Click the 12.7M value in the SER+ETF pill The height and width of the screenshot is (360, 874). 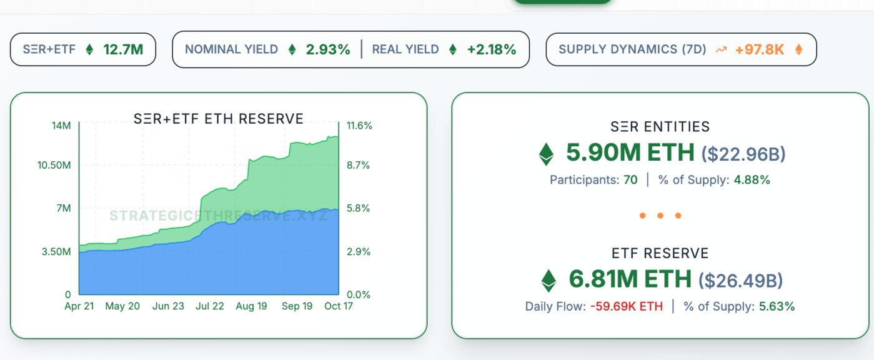coord(123,49)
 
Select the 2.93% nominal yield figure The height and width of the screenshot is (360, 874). coord(328,49)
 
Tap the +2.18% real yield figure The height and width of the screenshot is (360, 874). coord(492,49)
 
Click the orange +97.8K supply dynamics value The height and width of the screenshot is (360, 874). coord(760,49)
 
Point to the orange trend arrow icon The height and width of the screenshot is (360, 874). coord(722,49)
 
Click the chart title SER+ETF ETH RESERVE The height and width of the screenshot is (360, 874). coord(219,119)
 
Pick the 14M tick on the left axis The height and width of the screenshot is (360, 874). coord(62,126)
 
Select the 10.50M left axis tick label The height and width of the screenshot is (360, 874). coord(54,165)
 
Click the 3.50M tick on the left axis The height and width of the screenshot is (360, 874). coord(56,252)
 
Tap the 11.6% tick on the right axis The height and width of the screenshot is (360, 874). coord(359,126)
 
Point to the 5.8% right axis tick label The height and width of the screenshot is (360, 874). coord(358,208)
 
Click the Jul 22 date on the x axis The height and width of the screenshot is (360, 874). coord(209,306)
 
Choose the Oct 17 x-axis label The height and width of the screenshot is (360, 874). coord(338,306)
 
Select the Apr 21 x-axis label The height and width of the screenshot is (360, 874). coord(79,306)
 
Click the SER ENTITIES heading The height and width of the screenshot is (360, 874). coord(660,127)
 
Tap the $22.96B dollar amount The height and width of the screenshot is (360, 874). coord(743,154)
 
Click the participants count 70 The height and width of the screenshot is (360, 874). coord(630,180)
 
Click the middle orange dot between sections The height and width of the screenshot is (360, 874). coord(660,216)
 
